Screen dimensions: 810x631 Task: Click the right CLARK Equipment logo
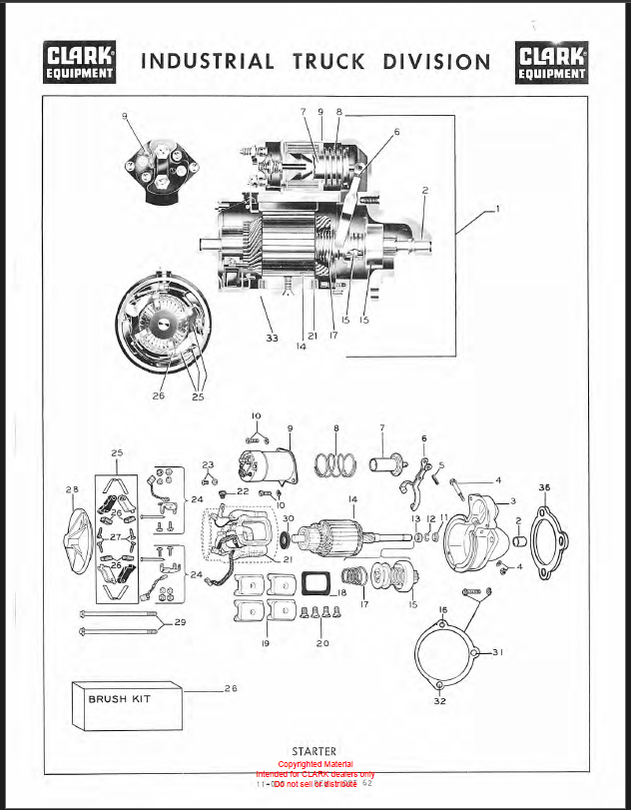tap(552, 62)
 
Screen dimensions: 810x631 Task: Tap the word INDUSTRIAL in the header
tap(209, 62)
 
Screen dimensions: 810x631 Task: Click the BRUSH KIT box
tap(127, 700)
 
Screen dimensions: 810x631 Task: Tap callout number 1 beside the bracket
tap(496, 210)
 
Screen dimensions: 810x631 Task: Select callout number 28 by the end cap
tap(71, 489)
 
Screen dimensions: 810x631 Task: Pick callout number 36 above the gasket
tap(544, 487)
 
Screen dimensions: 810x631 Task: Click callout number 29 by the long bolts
tap(180, 623)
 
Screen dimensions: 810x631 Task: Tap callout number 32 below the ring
tap(441, 700)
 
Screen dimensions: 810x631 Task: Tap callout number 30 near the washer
tap(288, 519)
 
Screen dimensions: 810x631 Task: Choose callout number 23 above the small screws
tap(209, 465)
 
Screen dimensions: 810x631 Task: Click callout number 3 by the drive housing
tap(512, 501)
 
